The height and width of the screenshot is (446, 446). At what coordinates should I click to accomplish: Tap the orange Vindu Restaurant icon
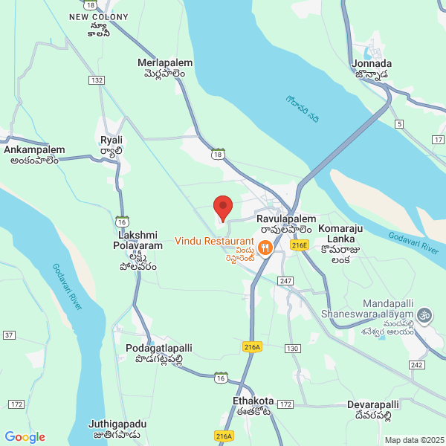265,246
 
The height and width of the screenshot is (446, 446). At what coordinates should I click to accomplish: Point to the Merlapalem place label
165,68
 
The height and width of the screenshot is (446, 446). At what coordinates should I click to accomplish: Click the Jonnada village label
372,68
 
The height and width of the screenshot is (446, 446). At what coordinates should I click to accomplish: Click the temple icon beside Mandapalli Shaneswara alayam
424,314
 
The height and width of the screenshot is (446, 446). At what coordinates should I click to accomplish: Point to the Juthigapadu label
117,429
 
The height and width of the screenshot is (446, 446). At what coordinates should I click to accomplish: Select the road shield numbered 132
95,80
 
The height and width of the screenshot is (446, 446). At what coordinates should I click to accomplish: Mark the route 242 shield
416,364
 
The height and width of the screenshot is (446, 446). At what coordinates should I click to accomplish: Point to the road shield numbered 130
292,349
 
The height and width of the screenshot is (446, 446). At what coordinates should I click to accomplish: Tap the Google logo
25,437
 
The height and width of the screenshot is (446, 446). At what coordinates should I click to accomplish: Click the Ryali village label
111,145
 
